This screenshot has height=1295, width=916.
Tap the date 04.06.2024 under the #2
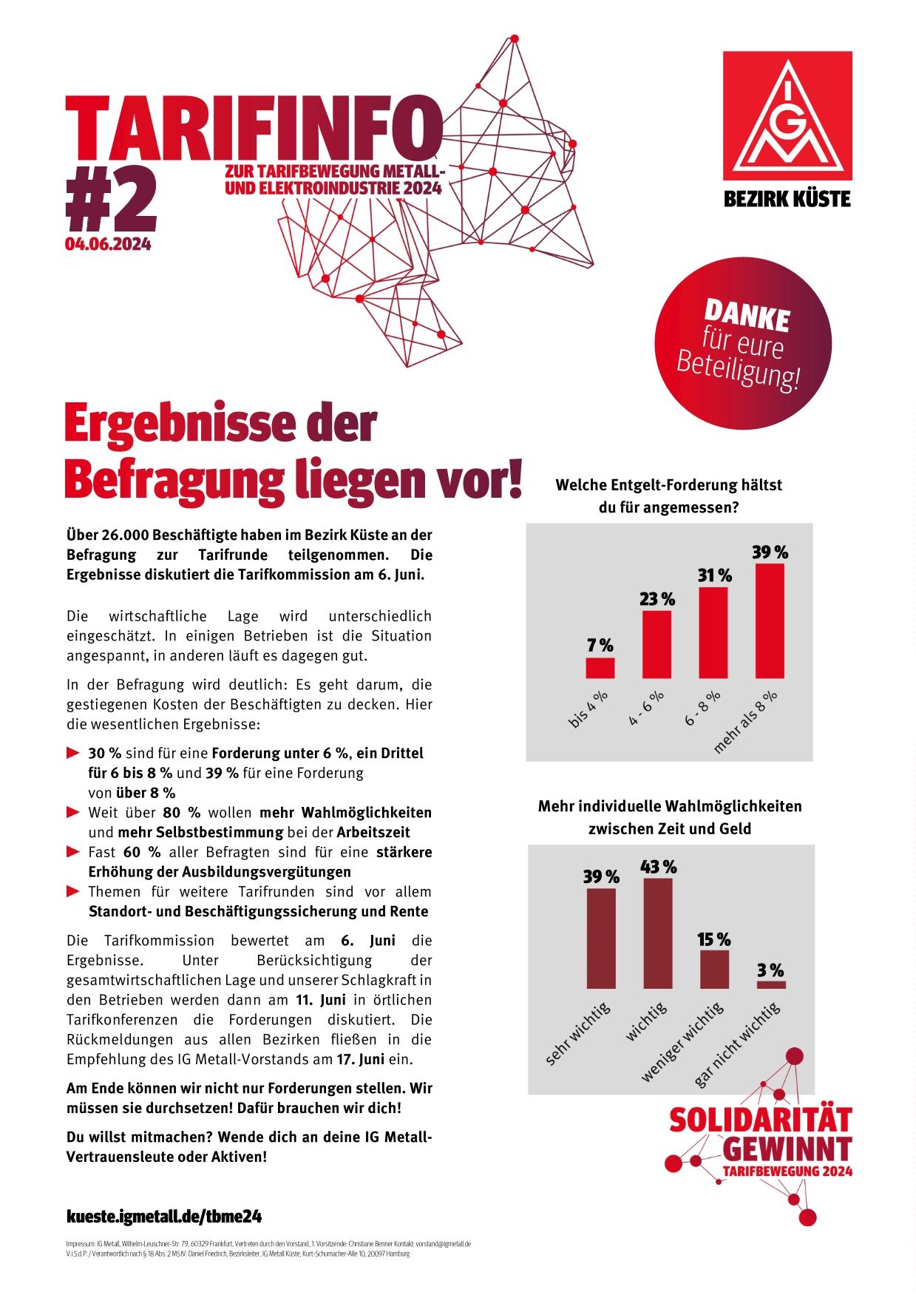point(108,244)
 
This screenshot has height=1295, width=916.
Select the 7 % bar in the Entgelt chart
point(600,668)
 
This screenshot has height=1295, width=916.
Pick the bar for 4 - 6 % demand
point(657,634)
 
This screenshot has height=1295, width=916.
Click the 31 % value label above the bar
point(714,575)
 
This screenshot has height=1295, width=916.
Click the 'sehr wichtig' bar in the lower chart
point(600,938)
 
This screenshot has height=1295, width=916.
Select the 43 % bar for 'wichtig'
point(658,933)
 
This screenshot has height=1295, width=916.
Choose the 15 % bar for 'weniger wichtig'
point(714,969)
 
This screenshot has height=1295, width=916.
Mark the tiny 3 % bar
point(770,984)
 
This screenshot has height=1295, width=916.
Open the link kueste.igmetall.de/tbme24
point(164,1216)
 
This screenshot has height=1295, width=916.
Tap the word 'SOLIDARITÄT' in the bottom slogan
point(760,1120)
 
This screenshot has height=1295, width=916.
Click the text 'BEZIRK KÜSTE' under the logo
point(787,198)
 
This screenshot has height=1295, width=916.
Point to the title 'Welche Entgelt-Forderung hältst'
point(668,485)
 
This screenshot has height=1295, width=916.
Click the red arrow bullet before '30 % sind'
point(72,754)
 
